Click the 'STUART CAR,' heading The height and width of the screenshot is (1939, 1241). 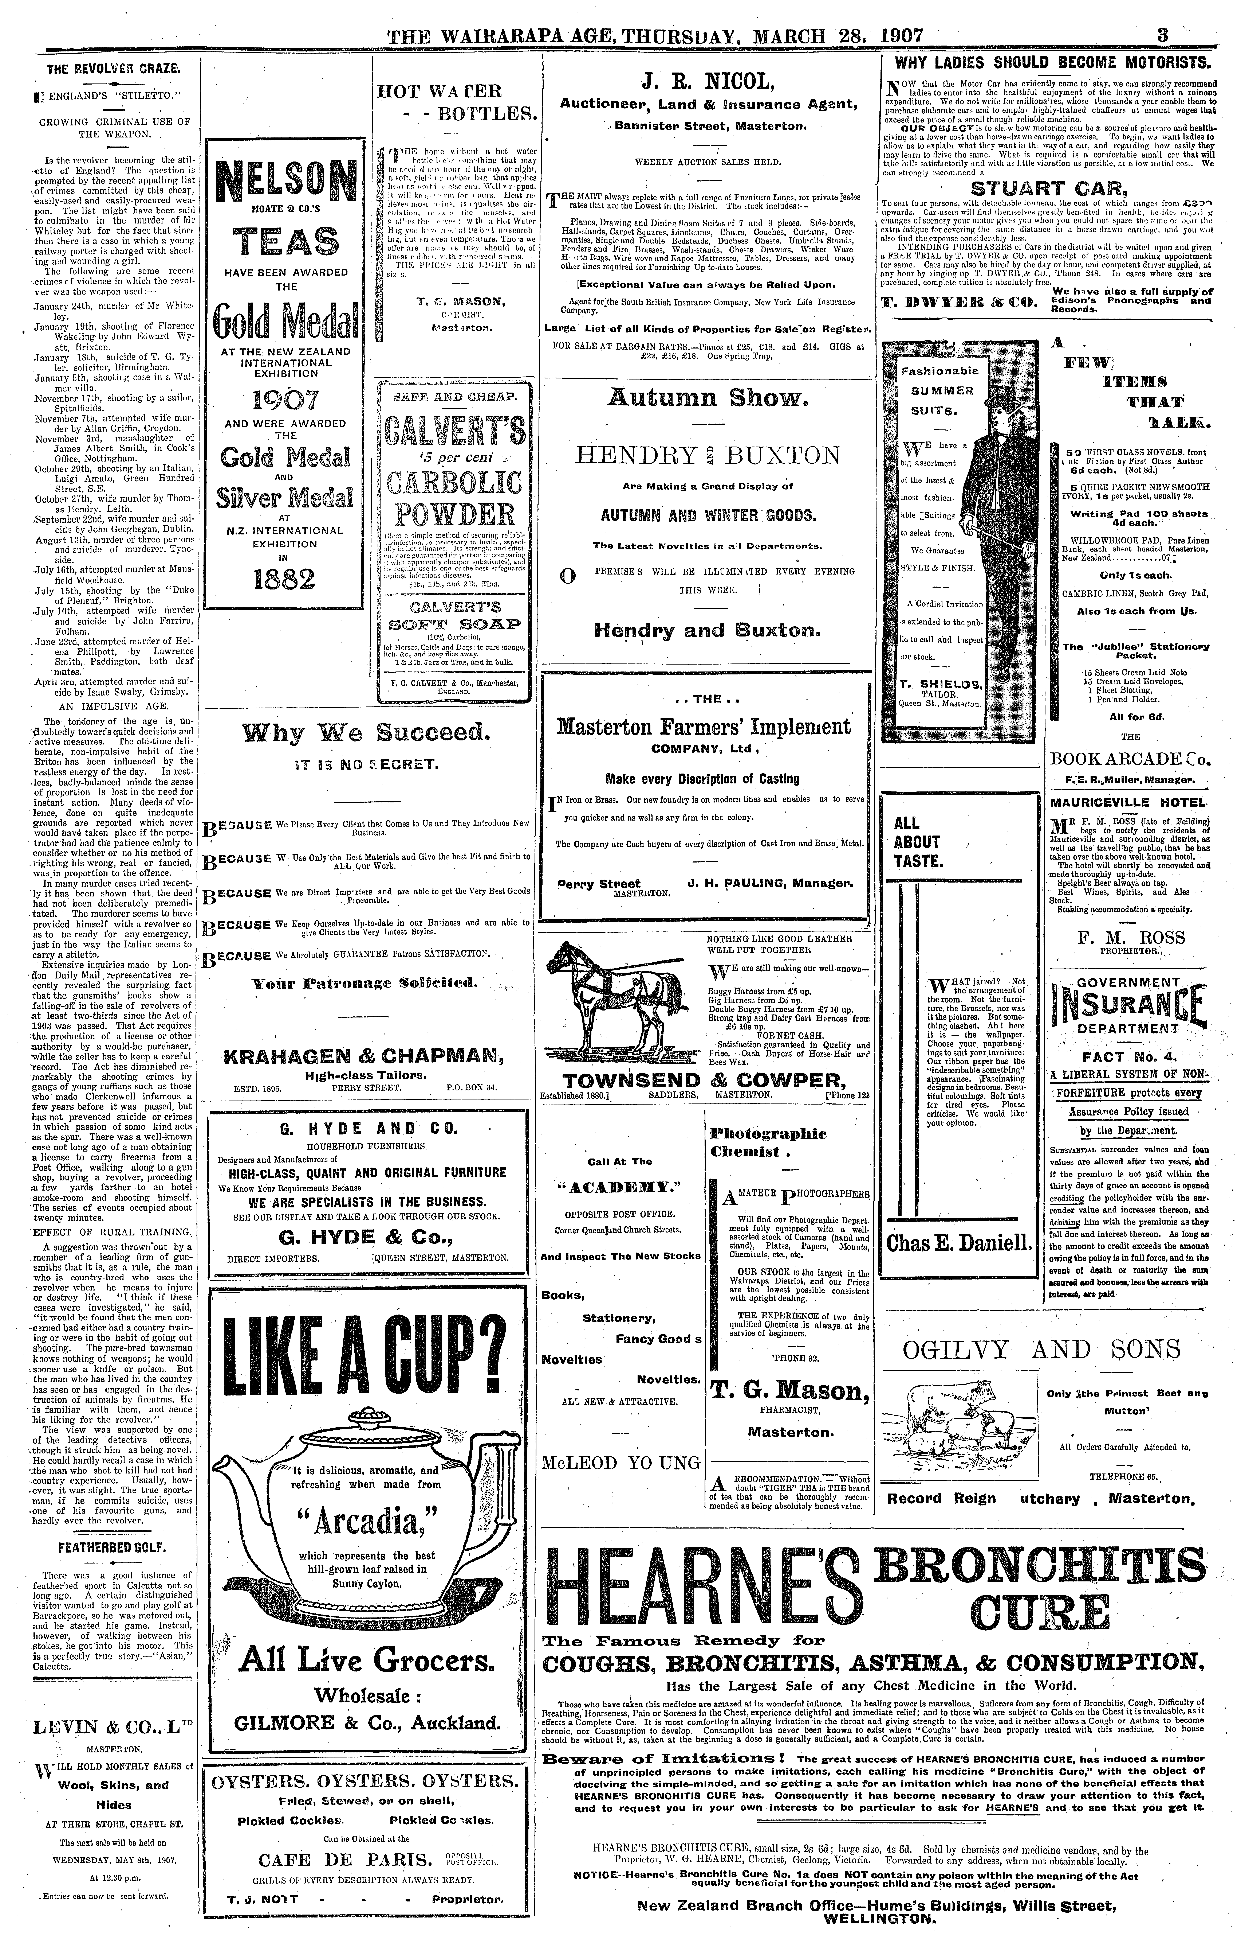click(1046, 190)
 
